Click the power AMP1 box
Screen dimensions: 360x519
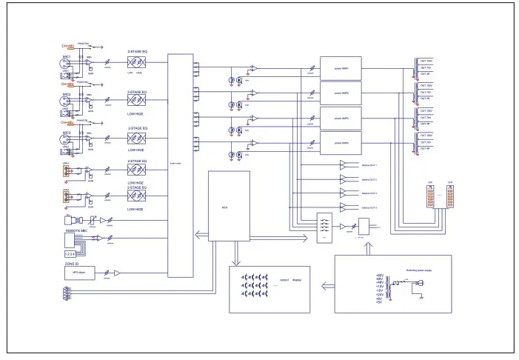339,67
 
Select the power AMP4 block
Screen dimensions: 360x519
339,141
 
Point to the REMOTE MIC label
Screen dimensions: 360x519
78,231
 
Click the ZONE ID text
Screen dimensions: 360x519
71,264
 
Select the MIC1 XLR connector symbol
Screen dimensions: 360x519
67,66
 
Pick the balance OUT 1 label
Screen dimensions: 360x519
369,165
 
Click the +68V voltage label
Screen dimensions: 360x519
379,276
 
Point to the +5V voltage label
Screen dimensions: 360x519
379,302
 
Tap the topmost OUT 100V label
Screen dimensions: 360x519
426,61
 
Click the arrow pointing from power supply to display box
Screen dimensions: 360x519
326,283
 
